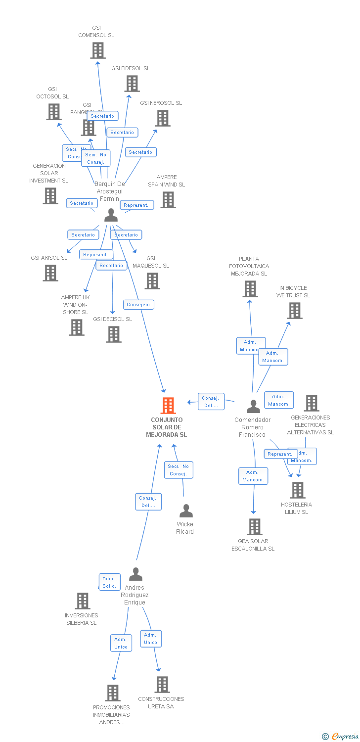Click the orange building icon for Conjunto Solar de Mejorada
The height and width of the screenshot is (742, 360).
[x=168, y=406]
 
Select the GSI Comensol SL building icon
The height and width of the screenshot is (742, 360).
[x=98, y=50]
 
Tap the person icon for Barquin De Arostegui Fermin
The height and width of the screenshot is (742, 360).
[x=111, y=215]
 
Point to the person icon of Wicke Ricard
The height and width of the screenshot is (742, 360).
[x=186, y=511]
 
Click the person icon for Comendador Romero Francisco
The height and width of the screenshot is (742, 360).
[x=253, y=407]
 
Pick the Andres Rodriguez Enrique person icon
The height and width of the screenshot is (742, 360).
[x=135, y=574]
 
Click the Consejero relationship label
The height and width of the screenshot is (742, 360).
[x=138, y=305]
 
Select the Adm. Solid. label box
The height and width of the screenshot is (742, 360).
[x=109, y=582]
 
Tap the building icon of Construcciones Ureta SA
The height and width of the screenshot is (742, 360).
[x=162, y=685]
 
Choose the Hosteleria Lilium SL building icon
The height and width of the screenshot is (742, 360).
[x=297, y=490]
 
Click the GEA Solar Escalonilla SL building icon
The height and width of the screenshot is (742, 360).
[x=255, y=527]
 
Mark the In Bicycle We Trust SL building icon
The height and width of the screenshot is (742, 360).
[x=295, y=311]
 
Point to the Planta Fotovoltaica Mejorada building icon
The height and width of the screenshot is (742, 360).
[x=250, y=289]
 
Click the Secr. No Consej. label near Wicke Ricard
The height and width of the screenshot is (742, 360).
[x=179, y=470]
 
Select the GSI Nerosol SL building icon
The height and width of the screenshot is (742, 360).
[x=163, y=118]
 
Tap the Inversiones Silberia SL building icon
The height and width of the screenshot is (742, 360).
[x=82, y=601]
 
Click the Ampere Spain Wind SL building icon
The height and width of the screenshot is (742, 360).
[x=168, y=200]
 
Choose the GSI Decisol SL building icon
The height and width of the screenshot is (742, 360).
[x=114, y=334]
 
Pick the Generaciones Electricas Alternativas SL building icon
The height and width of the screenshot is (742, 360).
[x=311, y=403]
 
